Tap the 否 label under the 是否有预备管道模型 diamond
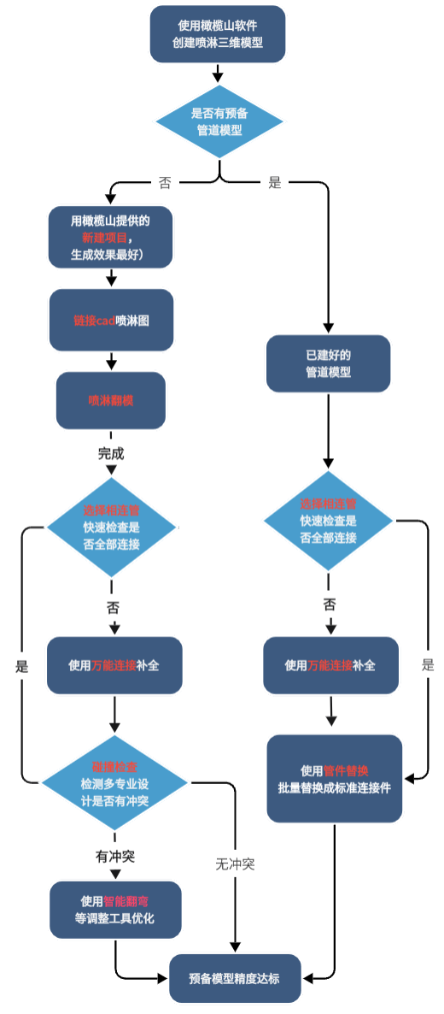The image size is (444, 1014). (x=165, y=182)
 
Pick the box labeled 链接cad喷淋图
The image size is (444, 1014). (x=111, y=320)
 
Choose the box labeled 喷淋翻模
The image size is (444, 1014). (x=110, y=399)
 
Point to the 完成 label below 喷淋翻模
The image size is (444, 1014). (x=111, y=452)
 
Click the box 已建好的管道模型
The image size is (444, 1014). (x=328, y=364)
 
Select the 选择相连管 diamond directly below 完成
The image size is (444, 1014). (x=111, y=527)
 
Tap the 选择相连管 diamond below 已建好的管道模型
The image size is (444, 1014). (x=328, y=520)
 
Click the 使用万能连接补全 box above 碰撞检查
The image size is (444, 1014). (x=114, y=664)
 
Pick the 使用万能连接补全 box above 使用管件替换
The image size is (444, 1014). (x=330, y=664)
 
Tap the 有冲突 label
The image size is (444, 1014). (x=114, y=855)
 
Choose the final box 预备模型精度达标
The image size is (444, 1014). (x=235, y=978)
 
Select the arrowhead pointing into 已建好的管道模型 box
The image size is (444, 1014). (x=328, y=328)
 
